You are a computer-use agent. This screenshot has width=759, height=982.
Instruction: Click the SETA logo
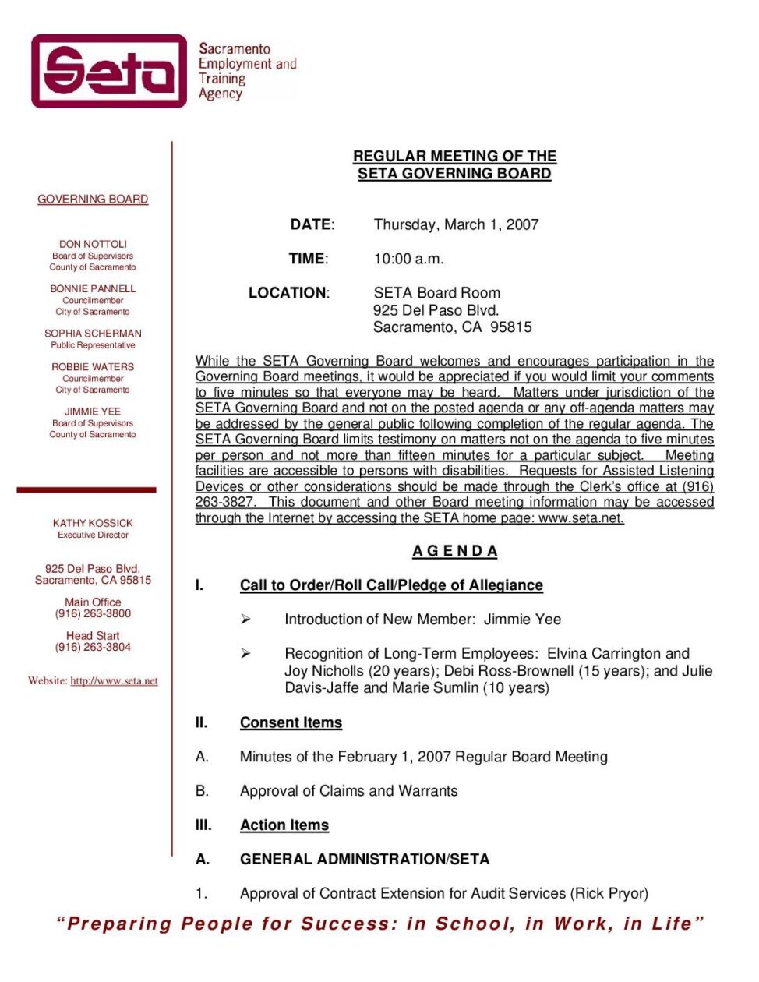coord(109,71)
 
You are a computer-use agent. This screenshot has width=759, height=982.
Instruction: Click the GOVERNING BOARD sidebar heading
coord(93,200)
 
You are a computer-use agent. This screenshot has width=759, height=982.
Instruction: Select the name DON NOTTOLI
coord(93,244)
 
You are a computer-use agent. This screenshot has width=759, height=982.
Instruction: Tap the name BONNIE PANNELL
coord(93,288)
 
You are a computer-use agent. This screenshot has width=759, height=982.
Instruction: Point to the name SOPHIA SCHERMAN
coord(93,333)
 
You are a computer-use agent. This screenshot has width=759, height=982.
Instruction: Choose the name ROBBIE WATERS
coord(93,366)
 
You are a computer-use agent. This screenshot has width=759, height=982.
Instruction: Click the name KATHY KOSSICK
coord(93,523)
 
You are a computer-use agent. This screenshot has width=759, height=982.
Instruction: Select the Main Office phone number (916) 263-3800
coord(93,613)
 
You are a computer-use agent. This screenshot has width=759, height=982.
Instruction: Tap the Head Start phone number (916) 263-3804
coord(93,647)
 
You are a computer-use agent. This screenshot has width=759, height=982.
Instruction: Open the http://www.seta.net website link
coord(114,680)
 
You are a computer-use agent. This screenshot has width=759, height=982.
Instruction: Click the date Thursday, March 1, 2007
coord(456,224)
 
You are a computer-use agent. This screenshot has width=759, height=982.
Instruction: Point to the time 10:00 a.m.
coord(408,259)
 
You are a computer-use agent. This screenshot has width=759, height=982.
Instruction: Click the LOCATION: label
coord(288,293)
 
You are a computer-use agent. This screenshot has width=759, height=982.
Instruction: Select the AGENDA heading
coord(455,551)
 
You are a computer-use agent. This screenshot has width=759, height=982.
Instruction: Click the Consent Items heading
coord(291,722)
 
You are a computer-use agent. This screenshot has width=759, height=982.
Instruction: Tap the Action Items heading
coord(284,825)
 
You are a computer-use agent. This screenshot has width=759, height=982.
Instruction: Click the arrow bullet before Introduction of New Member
coord(245,620)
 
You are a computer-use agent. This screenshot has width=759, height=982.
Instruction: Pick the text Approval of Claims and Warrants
coord(348,791)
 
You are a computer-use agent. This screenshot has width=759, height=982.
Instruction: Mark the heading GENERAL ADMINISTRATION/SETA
coord(365,859)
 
